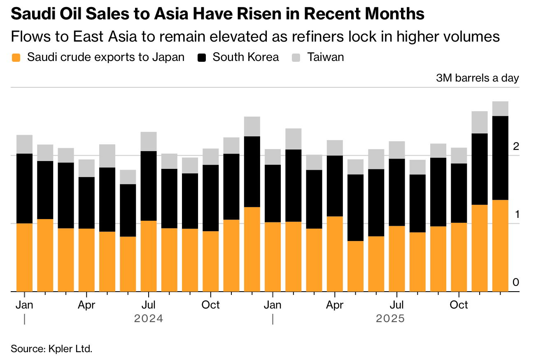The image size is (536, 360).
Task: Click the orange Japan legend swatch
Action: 16,58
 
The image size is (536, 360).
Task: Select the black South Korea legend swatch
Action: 202,58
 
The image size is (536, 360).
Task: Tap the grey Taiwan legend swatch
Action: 296,58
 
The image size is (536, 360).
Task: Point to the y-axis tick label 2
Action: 515,146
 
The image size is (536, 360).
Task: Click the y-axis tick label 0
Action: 515,283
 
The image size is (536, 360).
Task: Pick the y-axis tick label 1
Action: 515,215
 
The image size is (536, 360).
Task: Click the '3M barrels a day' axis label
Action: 477,78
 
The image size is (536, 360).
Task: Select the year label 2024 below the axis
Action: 149,319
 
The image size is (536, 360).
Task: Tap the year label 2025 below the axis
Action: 390,319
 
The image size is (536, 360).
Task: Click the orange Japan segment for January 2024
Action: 24,257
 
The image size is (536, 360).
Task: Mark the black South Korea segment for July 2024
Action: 148,186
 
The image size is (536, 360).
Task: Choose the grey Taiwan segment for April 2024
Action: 86,168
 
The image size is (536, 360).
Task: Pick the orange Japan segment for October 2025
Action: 459,257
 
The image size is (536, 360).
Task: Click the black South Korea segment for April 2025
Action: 335,186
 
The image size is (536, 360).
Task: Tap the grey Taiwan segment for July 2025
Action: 397,150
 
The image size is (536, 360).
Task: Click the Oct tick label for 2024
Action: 210,305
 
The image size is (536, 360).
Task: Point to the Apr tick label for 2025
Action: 335,305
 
